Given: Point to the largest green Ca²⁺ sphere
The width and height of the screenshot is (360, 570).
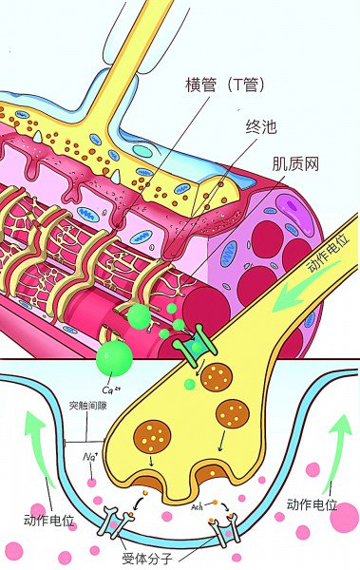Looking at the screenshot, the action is point(114,358).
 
